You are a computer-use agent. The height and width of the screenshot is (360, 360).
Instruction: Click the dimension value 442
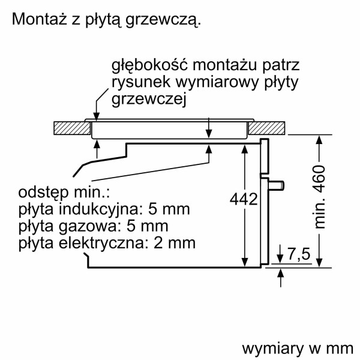pos(244,199)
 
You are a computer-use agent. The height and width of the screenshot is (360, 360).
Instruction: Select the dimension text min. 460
pos(319,197)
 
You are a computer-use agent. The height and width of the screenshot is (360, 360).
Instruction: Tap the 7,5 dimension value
pos(299,254)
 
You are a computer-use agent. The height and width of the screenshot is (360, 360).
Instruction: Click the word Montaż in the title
pos(39,19)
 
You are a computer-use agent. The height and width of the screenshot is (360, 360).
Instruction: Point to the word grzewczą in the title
pos(163,20)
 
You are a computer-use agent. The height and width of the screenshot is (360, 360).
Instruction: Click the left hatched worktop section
pos(73,128)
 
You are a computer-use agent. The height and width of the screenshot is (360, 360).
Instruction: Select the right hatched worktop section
pos(267,128)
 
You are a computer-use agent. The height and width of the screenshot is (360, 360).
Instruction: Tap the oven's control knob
pos(276,185)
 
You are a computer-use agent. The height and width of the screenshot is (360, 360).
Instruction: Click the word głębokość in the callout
pos(149,65)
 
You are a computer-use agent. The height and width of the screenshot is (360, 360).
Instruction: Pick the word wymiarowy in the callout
pos(217,82)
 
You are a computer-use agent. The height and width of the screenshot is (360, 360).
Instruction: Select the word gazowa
pos(91,226)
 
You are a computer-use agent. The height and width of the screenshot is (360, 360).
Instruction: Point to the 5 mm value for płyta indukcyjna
pos(169,209)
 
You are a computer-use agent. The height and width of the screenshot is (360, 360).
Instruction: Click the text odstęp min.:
pos(64,193)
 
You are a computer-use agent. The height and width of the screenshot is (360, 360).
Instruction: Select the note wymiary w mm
pos(298,349)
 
